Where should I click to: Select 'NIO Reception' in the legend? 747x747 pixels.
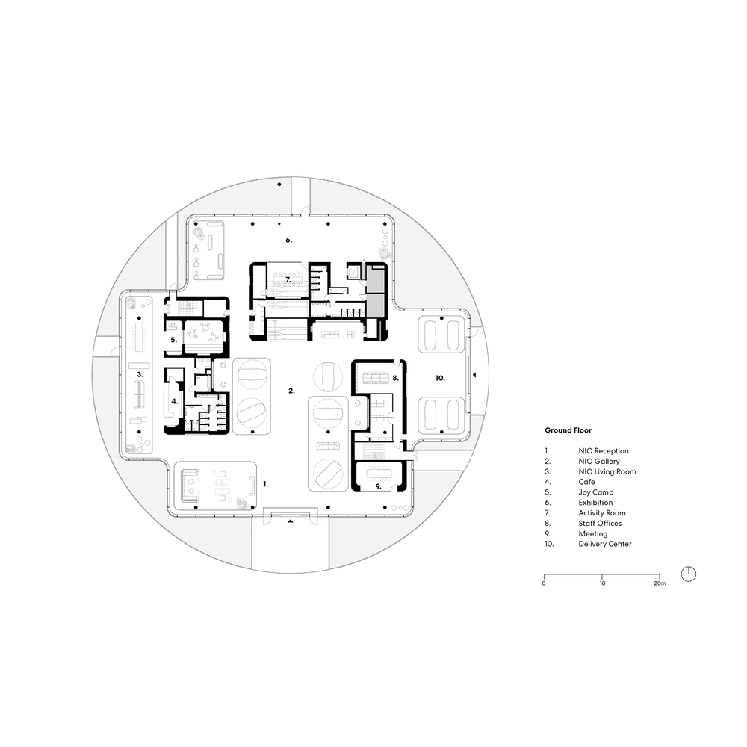603,451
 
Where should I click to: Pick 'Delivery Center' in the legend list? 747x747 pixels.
604,544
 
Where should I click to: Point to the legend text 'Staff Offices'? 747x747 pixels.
599,524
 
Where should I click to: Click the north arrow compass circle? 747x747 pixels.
689,574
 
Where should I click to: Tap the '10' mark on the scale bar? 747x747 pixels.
602,583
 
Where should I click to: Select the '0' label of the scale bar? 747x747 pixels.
544,583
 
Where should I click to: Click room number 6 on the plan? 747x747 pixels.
288,241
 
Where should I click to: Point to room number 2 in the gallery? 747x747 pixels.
292,391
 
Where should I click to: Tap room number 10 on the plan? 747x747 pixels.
440,379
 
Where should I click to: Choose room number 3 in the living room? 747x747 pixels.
139,373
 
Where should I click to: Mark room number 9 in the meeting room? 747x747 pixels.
379,486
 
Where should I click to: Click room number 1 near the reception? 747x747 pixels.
264,484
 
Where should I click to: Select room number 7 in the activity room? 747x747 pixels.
287,279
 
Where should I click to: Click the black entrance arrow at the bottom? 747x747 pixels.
291,522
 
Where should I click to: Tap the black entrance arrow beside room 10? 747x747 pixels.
474,376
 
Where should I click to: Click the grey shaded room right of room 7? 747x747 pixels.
376,291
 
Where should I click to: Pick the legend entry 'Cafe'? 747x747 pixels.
586,483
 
